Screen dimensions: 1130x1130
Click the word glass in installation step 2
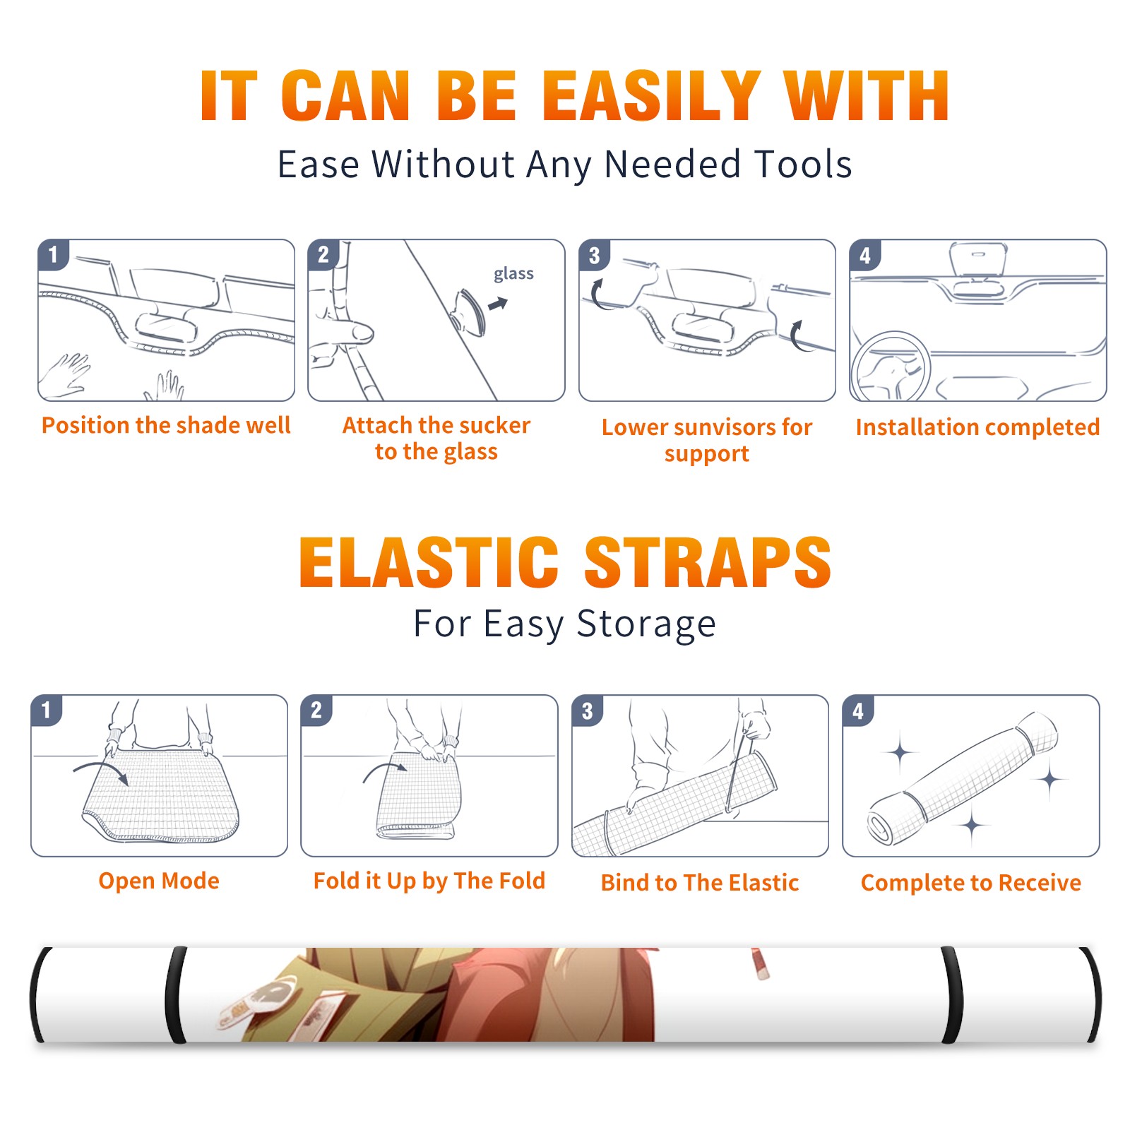pos(513,274)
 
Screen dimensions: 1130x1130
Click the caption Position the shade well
pos(166,425)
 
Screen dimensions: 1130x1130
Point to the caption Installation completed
pos(977,427)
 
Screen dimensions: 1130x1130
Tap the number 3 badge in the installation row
pos(594,255)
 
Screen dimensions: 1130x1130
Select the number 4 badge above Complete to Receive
pos(858,710)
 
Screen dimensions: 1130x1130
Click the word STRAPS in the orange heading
pos(708,562)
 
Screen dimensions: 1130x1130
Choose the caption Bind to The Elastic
pos(699,882)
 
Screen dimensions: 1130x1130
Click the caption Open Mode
pos(159,881)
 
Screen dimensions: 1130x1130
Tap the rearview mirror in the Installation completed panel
pos(978,259)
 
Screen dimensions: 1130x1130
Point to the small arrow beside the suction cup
pos(499,304)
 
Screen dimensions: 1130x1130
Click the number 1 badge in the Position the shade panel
pos(53,255)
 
